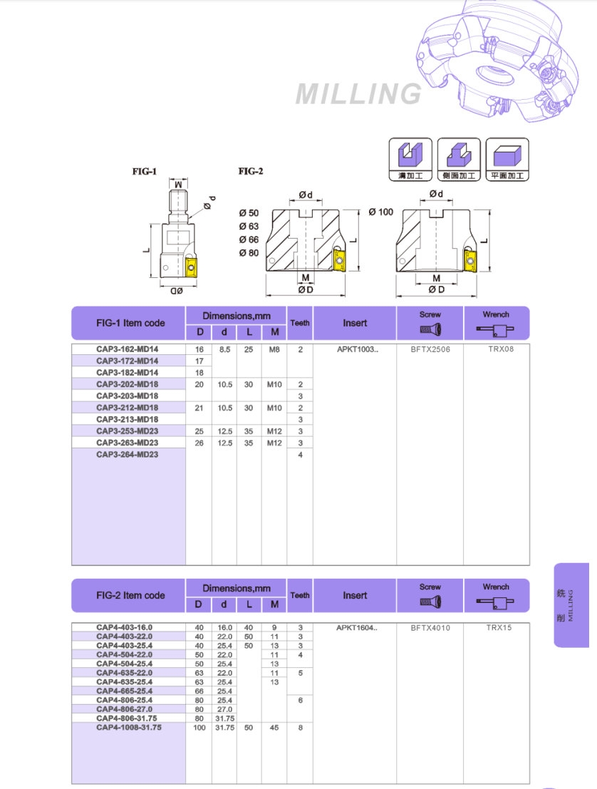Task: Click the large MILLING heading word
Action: (358, 94)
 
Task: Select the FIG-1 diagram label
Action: (144, 172)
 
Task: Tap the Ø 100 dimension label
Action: (381, 212)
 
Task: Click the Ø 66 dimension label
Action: (249, 239)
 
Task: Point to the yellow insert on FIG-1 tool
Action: (191, 267)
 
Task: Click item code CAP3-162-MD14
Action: (128, 349)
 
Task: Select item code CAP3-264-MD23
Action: (128, 454)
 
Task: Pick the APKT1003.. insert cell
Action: (354, 349)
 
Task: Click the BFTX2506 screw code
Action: (430, 349)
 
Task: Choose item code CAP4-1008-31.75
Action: (129, 728)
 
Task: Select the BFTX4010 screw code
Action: (430, 628)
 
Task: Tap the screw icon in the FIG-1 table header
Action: (430, 329)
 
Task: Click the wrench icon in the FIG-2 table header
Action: (496, 603)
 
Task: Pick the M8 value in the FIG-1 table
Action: (274, 349)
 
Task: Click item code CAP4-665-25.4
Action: (125, 691)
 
